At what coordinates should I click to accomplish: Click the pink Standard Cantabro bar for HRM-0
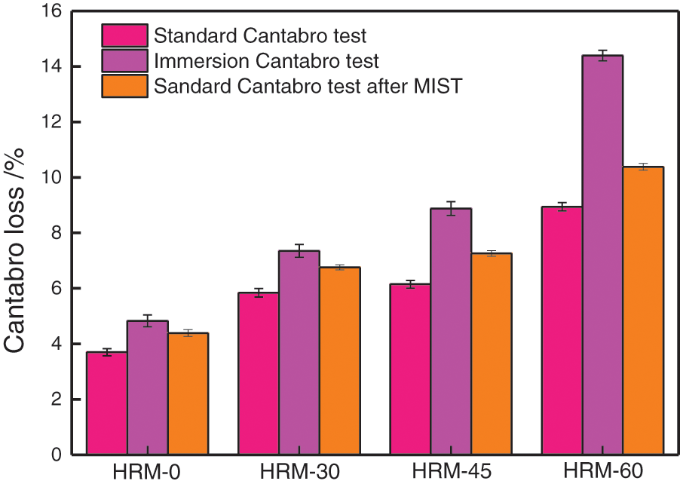click(106, 403)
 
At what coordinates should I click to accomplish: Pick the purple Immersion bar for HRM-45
click(450, 332)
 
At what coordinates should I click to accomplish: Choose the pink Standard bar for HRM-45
click(409, 369)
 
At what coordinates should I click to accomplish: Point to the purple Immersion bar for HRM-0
click(148, 388)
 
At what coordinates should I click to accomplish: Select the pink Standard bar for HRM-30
click(258, 373)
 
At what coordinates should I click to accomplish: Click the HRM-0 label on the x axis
click(147, 472)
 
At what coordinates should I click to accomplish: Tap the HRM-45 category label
click(450, 472)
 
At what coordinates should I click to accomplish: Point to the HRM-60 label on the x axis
click(602, 472)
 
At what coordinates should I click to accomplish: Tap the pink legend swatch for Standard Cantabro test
click(124, 35)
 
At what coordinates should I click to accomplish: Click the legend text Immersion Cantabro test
click(266, 60)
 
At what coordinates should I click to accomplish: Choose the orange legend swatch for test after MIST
click(124, 85)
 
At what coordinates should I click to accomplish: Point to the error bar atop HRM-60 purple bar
click(602, 55)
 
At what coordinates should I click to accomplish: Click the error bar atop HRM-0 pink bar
click(106, 352)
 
